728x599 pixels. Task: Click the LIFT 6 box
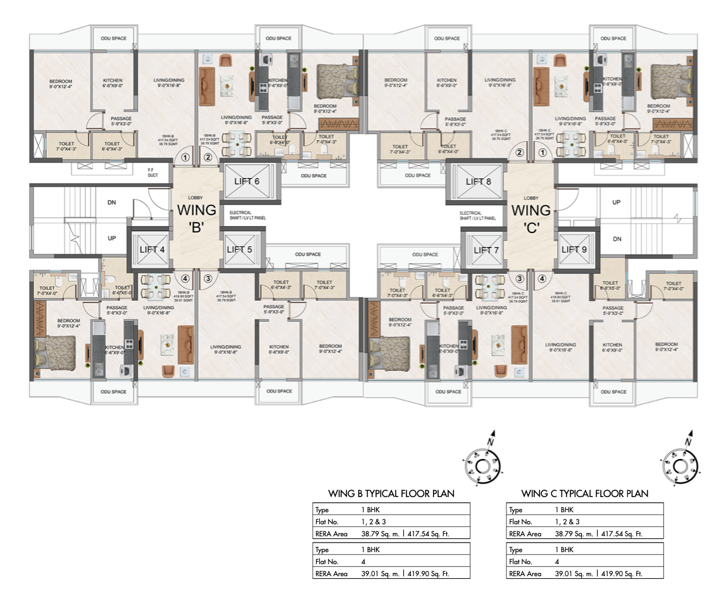[x=247, y=181]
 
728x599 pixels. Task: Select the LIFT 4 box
[x=152, y=249]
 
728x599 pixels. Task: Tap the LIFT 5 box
[x=239, y=249]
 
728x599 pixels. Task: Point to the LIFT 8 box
[x=478, y=181]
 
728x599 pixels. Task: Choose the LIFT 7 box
[x=486, y=250]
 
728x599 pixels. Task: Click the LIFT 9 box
[x=575, y=249]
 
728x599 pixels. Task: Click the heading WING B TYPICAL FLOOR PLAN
[x=391, y=493]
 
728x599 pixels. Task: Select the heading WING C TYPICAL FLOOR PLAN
[x=584, y=493]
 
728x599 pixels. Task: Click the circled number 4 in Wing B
[x=185, y=278]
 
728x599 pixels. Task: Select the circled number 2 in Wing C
[x=520, y=153]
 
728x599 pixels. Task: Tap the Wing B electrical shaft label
[x=248, y=215]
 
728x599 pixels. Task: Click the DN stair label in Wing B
[x=111, y=203]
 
